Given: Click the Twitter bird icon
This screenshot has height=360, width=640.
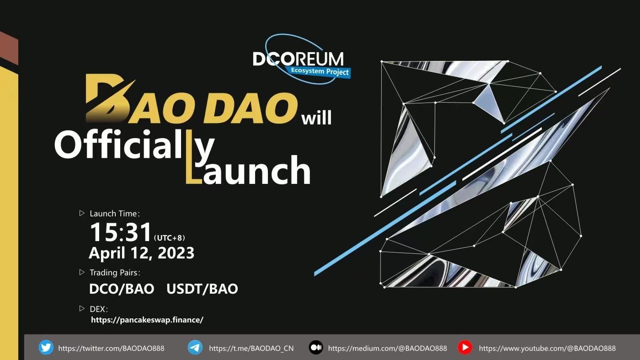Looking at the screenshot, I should coord(46,348).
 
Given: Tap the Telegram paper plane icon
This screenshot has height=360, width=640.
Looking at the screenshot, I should coord(195,348).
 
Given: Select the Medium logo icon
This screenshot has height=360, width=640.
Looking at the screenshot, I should coord(316,348).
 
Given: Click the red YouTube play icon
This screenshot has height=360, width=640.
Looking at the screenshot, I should coord(465,348).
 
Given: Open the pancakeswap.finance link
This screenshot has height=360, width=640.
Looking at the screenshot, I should coord(147,320).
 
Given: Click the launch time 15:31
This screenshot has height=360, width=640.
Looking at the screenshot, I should coord(121,232).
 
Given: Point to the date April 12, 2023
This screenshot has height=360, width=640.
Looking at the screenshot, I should coord(141,253).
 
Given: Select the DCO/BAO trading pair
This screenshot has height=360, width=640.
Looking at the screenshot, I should coord(122,289).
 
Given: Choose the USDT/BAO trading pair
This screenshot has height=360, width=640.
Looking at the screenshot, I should coord(202,289).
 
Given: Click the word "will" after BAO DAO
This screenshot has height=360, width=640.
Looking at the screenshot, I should coord(316,118).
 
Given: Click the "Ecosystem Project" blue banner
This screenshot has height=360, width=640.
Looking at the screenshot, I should coord(320,71).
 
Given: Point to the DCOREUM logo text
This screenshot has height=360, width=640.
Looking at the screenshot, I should coord(298,59).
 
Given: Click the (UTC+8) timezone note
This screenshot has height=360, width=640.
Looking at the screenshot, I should coord(170,238).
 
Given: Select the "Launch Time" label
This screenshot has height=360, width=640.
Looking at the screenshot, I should coord(114,214).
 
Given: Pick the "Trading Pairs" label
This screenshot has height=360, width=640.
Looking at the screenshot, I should coord(114,273).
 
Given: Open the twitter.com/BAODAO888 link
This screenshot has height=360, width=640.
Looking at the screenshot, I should coord(111,348).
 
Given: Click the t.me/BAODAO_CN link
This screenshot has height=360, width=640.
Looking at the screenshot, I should coord(251,348).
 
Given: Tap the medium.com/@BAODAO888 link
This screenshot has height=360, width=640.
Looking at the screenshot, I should coord(387,348).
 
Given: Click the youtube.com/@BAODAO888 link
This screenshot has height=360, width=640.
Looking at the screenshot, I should coord(547,348).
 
